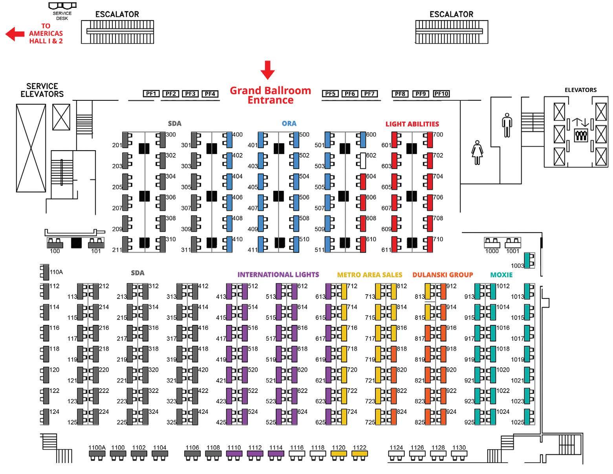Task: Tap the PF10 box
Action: point(441,94)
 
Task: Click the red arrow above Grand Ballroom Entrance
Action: point(268,70)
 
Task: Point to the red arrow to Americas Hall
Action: point(15,34)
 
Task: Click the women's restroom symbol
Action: point(477,153)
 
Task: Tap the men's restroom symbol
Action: point(507,125)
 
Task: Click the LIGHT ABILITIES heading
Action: point(412,124)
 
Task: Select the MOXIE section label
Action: point(501,275)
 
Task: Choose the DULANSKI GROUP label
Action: point(443,275)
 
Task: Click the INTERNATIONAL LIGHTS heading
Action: point(278,275)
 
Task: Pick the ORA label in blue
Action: point(289,124)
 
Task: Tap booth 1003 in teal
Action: point(530,260)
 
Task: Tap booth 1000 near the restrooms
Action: point(492,242)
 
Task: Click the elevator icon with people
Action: point(580,135)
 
